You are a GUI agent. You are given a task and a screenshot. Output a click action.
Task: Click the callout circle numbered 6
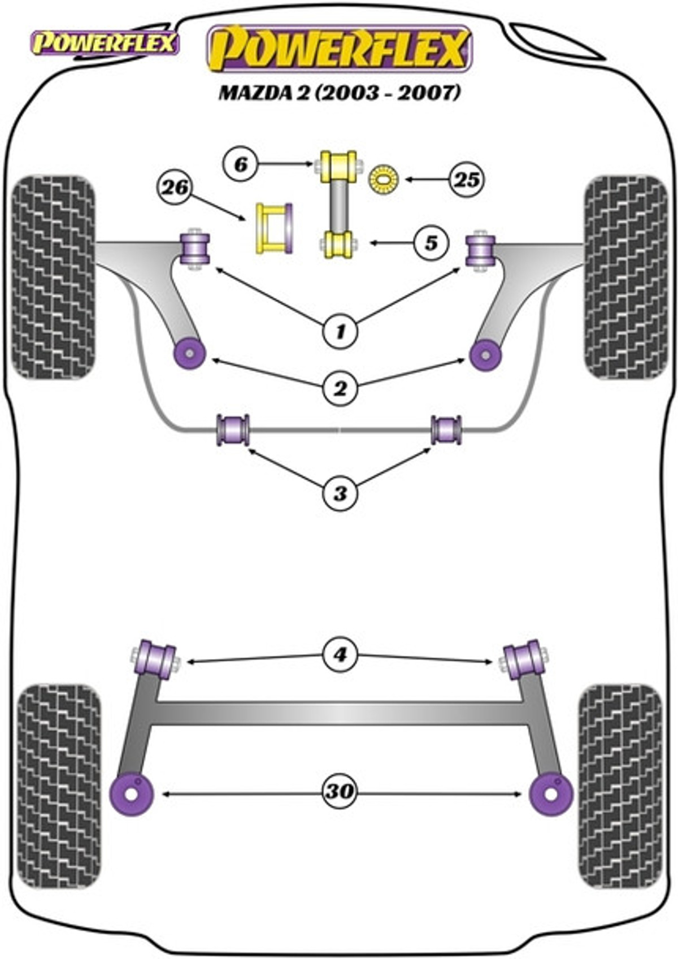241,164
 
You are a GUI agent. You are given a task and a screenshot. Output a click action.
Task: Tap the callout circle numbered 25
467,180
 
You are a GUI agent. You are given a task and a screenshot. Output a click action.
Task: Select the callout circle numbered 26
175,188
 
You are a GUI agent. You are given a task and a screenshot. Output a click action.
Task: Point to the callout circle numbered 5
431,243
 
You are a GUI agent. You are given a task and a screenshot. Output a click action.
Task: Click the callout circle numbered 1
340,331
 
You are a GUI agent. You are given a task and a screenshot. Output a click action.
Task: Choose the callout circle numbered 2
340,389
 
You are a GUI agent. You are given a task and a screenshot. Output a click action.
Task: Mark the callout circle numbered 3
340,494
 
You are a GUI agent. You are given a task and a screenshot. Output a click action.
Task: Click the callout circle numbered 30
340,791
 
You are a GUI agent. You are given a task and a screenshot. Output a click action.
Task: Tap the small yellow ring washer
384,179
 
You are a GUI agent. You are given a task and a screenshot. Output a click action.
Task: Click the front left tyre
53,278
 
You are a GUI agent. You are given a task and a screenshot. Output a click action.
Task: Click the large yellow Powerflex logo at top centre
340,48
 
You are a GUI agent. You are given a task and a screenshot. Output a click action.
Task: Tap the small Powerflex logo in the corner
104,44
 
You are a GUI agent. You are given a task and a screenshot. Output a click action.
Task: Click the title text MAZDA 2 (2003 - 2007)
340,93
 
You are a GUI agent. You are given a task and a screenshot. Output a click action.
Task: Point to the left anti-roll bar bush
233,430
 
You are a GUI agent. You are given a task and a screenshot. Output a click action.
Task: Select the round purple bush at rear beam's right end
551,794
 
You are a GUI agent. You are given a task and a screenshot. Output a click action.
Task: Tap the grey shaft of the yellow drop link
340,206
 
